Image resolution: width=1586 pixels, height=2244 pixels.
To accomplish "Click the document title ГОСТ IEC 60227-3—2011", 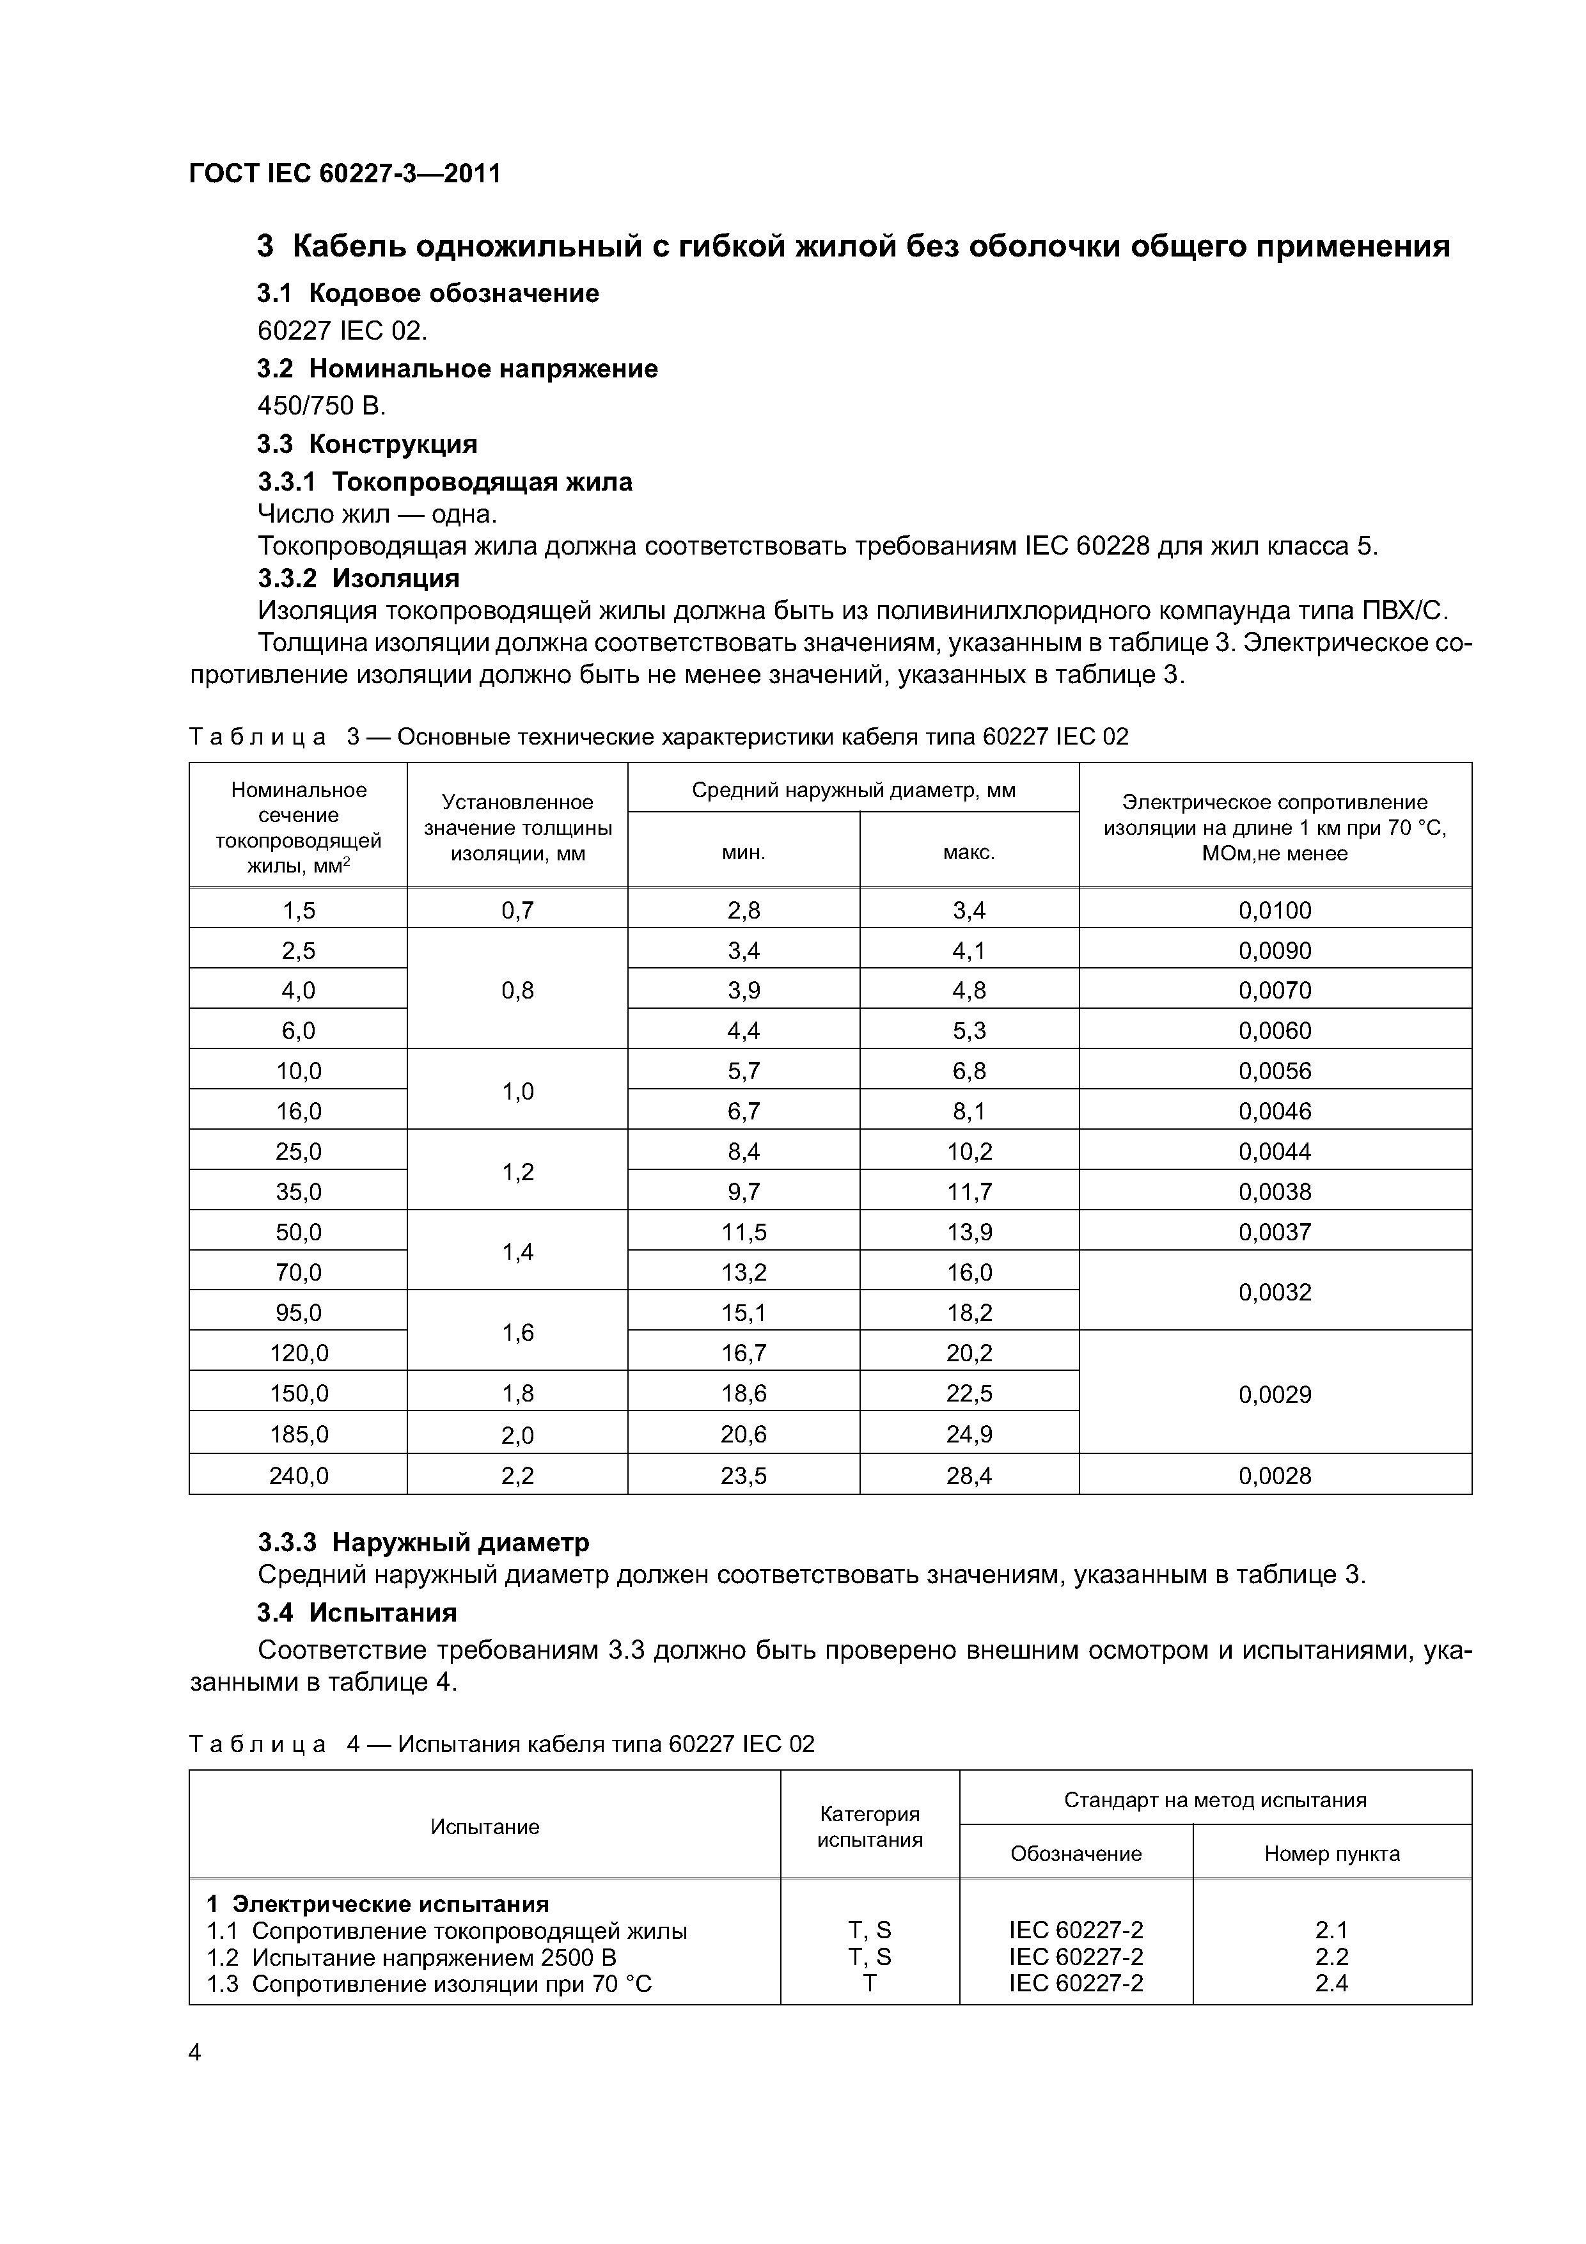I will [344, 174].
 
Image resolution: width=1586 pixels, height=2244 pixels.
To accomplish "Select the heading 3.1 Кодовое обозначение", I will [428, 293].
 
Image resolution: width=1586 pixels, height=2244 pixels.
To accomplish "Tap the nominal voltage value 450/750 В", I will [322, 406].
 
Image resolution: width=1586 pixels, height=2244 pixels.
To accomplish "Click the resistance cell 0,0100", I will [1275, 911].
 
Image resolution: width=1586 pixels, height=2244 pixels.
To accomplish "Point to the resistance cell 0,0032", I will [1275, 1293].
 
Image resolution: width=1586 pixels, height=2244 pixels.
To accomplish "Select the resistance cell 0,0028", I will [1275, 1476].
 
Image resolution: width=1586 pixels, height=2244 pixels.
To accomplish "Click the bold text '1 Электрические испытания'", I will [377, 1904].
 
